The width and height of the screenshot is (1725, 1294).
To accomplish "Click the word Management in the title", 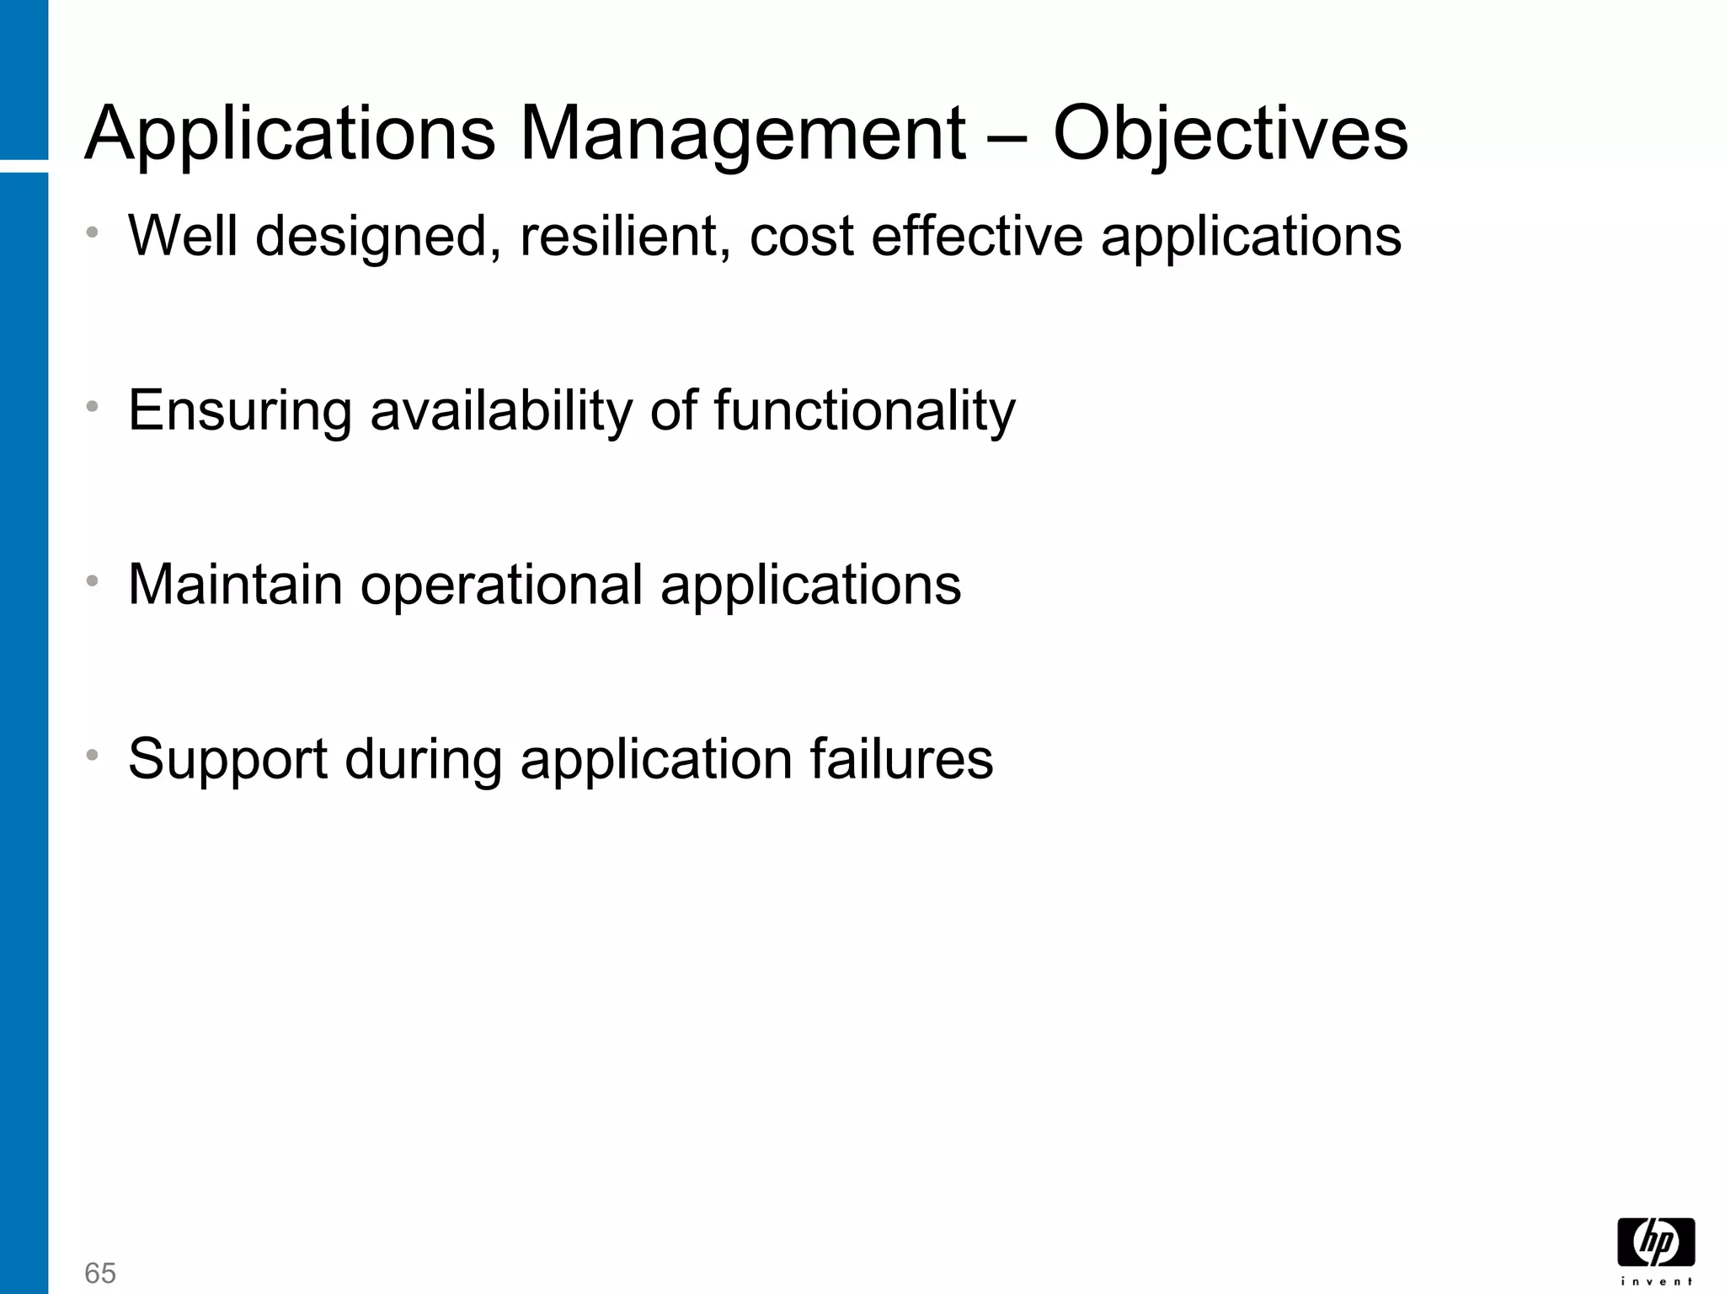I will point(742,135).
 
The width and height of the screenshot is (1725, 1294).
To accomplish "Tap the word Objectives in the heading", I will point(1230,135).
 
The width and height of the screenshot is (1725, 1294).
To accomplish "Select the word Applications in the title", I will point(290,135).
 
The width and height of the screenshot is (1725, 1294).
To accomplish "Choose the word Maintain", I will point(235,585).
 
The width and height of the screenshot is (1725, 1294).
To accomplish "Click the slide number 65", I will point(100,1273).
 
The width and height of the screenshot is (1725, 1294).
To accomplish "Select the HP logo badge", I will point(1656,1242).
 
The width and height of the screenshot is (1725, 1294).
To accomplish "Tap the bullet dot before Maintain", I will point(93,580).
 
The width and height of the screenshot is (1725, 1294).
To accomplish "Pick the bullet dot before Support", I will point(93,754).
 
